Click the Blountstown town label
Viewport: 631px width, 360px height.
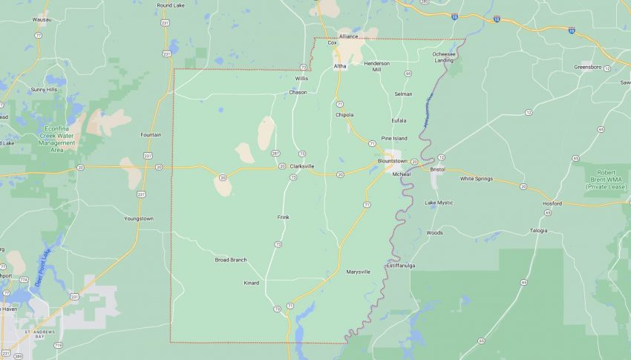pos(393,160)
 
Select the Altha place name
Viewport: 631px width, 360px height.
pos(340,66)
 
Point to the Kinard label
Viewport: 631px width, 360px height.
pos(252,283)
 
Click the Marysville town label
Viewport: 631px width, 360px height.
pos(358,272)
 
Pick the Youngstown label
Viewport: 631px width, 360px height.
pos(138,218)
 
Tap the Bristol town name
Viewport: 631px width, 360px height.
pos(437,169)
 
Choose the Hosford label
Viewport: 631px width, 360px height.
pos(552,203)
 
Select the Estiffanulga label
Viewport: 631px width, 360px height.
pos(400,265)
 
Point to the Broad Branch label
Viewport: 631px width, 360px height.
pos(231,260)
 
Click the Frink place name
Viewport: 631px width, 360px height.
pos(283,217)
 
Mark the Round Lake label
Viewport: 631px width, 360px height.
pos(170,4)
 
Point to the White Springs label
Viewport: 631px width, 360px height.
pos(477,178)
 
